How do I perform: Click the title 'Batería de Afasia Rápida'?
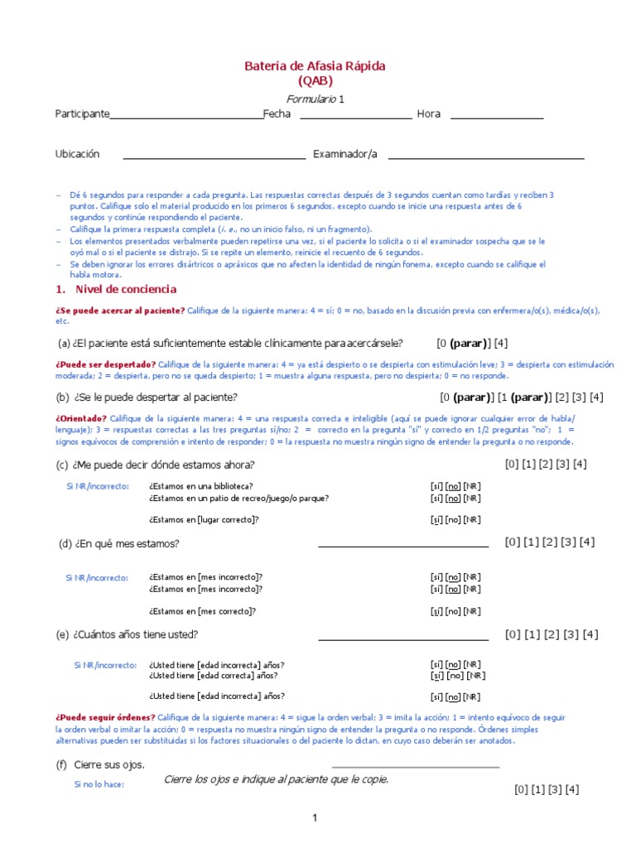(315, 65)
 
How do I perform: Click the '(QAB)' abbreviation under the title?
(315, 80)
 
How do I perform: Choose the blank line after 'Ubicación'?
(214, 157)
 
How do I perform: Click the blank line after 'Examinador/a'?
(486, 157)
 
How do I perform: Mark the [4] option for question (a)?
(500, 343)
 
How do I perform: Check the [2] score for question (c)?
(547, 464)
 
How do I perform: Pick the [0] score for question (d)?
(513, 542)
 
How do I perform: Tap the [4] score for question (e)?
(590, 634)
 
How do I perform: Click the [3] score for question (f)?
(552, 789)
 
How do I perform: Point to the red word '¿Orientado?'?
(81, 418)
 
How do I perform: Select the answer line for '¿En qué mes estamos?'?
(403, 545)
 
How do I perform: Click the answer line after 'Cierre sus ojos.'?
(415, 766)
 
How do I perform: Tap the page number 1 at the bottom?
(315, 818)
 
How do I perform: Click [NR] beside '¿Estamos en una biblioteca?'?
(471, 486)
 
